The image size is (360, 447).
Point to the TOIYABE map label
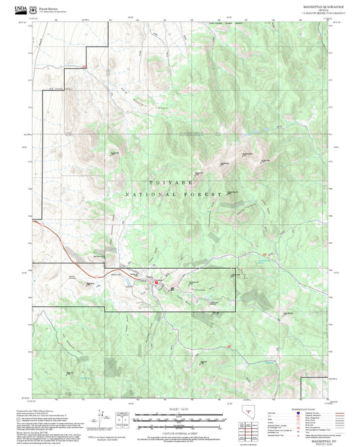[x=164, y=183]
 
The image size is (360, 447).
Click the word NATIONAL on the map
[x=151, y=194]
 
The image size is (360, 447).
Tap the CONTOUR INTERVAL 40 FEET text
[x=179, y=433]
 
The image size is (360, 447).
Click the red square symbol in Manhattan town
[x=157, y=283]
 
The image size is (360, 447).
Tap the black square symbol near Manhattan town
[x=172, y=288]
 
